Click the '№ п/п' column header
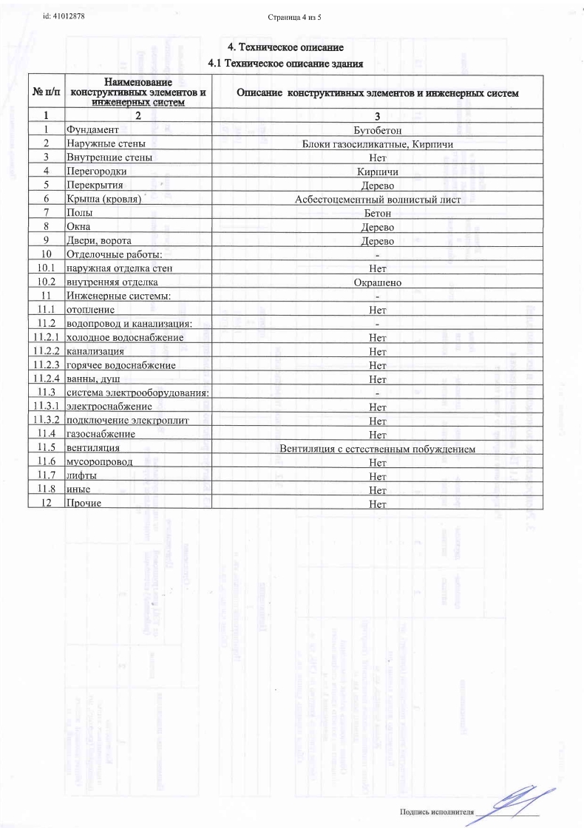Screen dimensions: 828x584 point(46,94)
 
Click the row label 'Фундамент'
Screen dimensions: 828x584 point(88,129)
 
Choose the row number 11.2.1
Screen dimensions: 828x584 point(46,338)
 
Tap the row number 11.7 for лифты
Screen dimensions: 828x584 point(46,477)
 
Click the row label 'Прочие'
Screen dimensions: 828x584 point(83,504)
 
